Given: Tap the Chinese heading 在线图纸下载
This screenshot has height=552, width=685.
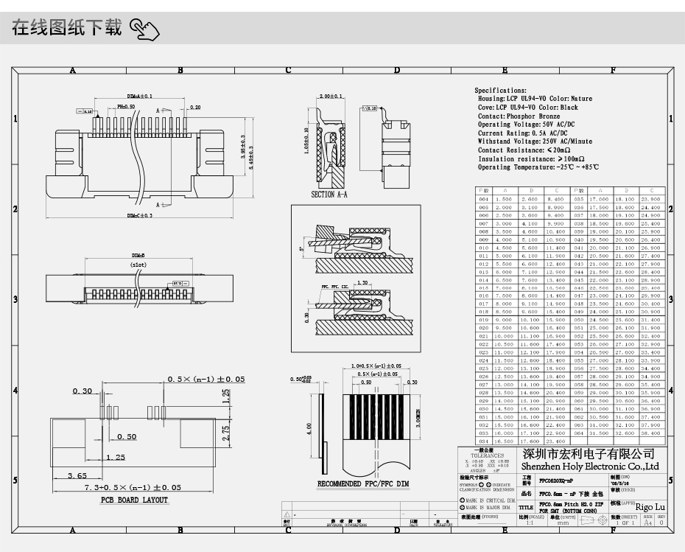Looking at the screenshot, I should (67, 29).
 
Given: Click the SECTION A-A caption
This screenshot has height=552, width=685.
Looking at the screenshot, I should (329, 195).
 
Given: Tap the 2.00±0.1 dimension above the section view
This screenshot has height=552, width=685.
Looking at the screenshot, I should (331, 97).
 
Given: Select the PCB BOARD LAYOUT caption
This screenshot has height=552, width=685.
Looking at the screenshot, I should (134, 500).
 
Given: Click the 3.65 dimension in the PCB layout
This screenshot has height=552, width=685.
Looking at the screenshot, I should (77, 476).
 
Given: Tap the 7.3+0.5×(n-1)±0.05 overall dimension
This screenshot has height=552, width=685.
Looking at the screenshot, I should (133, 488).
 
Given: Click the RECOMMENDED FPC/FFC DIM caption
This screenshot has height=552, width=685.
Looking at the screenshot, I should (363, 484).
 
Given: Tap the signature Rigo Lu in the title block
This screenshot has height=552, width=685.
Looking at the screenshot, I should (650, 507).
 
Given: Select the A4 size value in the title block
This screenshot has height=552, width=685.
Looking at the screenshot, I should (648, 523).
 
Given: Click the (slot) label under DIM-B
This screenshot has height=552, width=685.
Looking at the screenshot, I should (138, 263).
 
